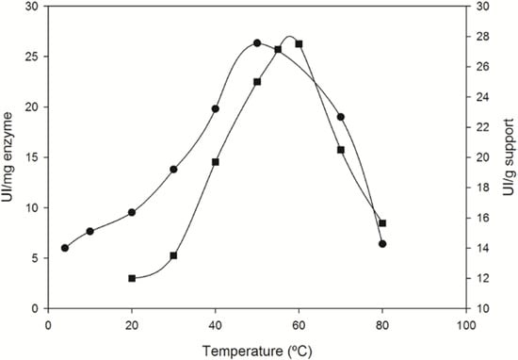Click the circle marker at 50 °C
[257, 43]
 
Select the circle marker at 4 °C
[65, 248]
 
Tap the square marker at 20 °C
[132, 278]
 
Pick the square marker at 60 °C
[299, 44]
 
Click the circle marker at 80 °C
[382, 244]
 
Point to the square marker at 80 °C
[382, 223]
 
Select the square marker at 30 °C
[173, 255]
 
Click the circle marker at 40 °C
[216, 108]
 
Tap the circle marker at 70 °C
[341, 117]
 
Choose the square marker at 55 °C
[278, 49]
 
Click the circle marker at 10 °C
[90, 231]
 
